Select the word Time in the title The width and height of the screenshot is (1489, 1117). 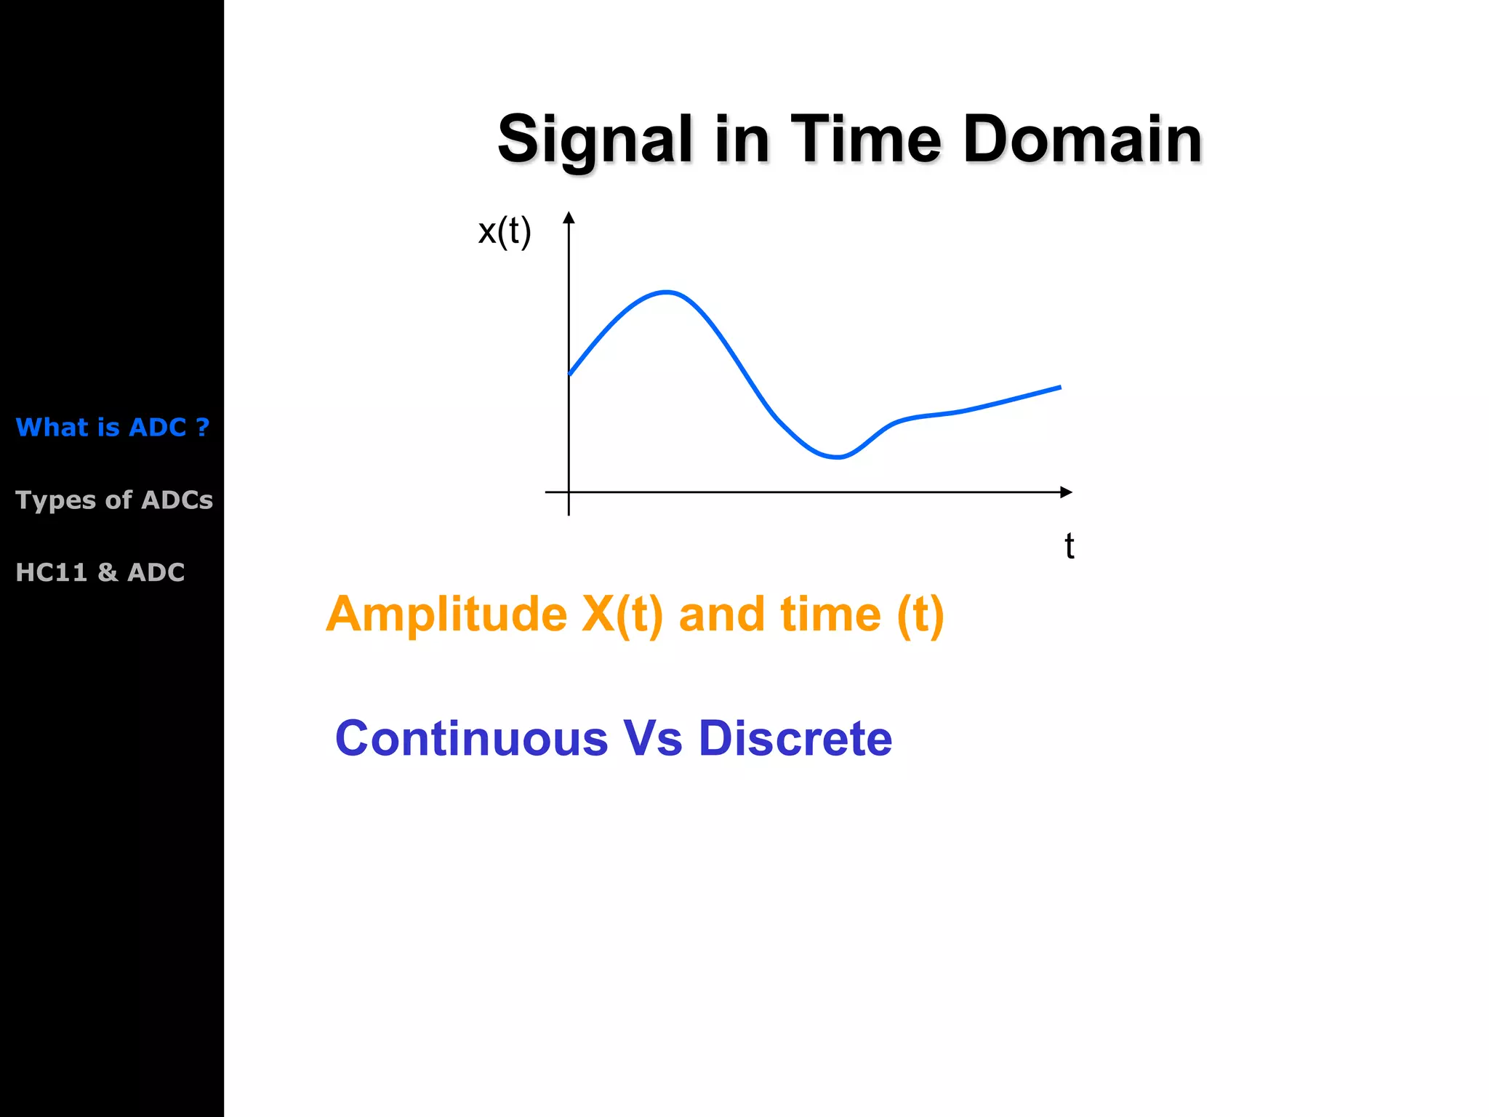pos(866,139)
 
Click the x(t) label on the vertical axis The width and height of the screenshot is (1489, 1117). pos(505,231)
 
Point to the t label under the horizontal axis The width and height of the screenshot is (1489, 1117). pos(1069,546)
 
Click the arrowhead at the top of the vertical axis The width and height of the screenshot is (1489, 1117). pos(569,217)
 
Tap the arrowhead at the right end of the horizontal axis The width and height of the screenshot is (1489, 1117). pos(1066,492)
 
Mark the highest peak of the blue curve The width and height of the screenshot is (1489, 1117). pos(667,292)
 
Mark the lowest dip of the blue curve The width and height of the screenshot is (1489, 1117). pos(838,457)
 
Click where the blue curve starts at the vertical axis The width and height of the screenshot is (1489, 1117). pos(570,374)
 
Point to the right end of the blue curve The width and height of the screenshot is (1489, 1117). pos(1060,388)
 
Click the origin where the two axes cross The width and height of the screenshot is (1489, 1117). pos(569,492)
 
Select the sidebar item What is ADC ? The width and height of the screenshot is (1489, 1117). pos(113,427)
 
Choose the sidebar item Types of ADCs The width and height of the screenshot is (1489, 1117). pos(114,500)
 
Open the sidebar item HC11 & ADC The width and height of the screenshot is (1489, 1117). pos(100,572)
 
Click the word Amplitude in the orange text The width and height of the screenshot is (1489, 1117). pos(446,614)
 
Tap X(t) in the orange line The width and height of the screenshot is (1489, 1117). pos(622,614)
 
